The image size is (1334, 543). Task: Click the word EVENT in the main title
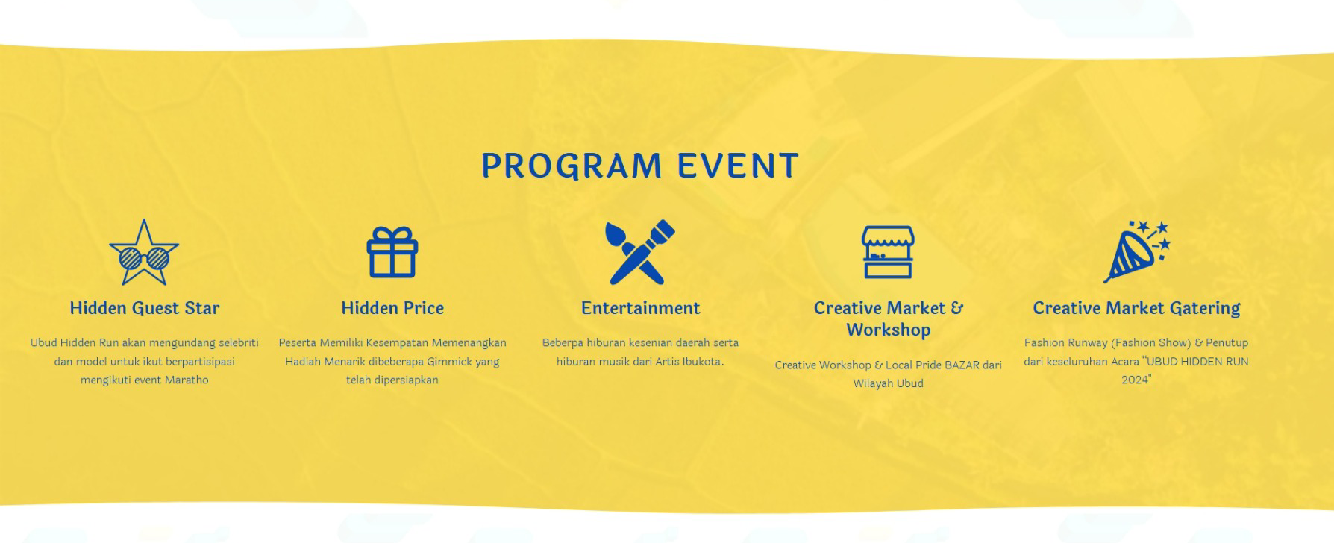pos(739,166)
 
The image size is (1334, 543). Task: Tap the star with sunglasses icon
pos(144,252)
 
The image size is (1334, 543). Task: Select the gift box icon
pos(392,252)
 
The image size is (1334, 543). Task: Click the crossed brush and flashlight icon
pos(640,252)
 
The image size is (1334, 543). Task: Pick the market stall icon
pos(888,252)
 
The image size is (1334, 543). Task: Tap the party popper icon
pos(1136,252)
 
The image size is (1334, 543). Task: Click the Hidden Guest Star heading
pos(144,308)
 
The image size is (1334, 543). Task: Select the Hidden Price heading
pos(392,308)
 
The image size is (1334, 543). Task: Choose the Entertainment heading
pos(640,308)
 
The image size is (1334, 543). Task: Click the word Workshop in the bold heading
pos(888,330)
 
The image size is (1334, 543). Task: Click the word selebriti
pos(238,342)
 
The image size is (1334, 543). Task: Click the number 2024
pos(1136,380)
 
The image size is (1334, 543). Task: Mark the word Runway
pos(1086,343)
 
